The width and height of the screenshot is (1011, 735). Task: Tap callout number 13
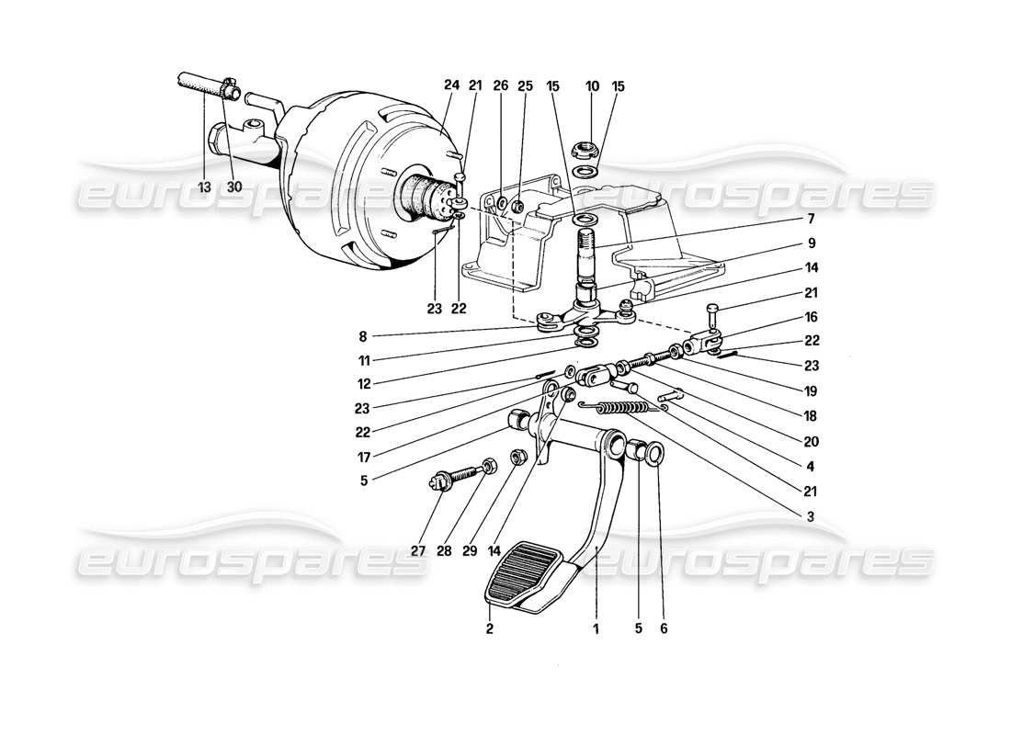click(x=204, y=187)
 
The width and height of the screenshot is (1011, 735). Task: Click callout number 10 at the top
click(x=593, y=85)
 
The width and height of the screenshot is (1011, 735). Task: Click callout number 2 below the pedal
click(x=490, y=629)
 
